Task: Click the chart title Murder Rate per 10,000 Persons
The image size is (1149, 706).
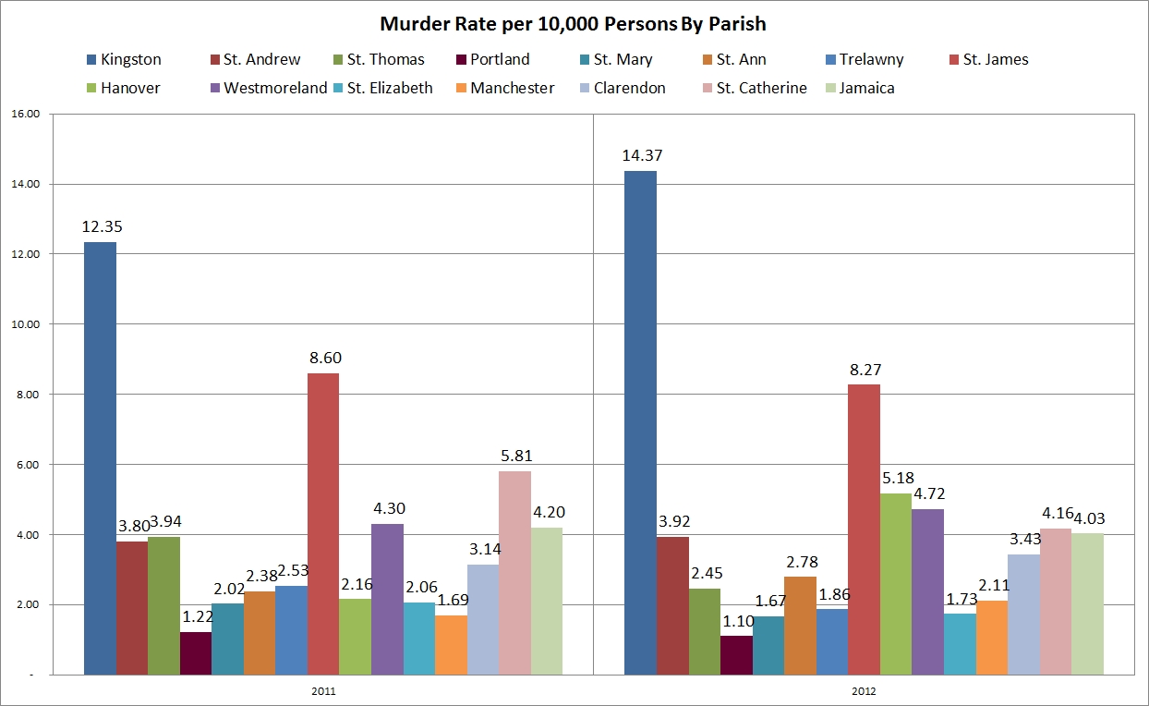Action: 574,24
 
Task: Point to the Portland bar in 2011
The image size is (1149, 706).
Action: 196,653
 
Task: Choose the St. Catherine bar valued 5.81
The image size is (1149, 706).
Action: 514,573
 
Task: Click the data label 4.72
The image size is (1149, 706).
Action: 928,493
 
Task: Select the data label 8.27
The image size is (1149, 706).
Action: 865,369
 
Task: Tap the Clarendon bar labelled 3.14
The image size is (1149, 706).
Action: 482,619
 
